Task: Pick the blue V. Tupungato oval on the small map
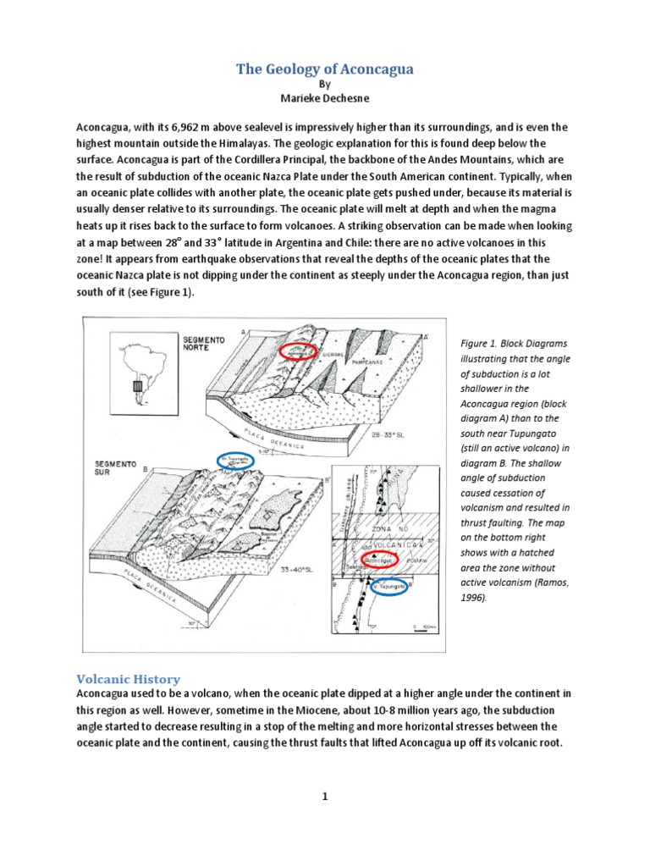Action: [x=389, y=588]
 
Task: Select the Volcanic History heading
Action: [x=129, y=679]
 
